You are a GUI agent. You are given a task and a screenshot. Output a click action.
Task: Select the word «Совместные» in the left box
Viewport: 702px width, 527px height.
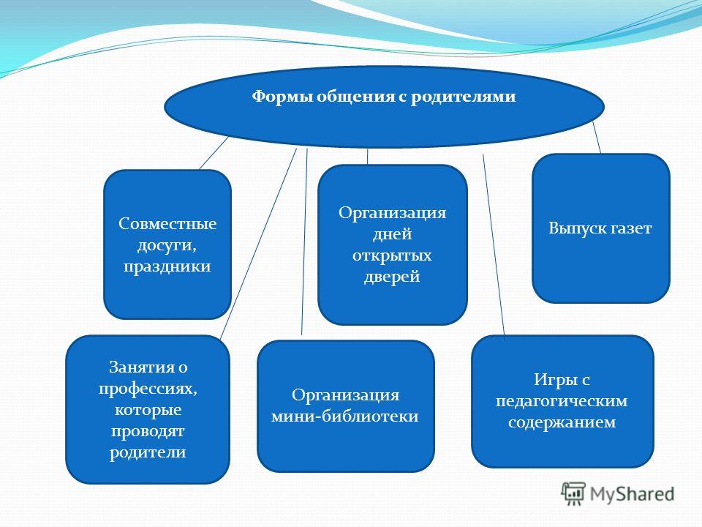pos(167,223)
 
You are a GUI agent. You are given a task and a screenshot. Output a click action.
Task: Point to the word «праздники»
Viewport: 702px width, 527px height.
pos(167,266)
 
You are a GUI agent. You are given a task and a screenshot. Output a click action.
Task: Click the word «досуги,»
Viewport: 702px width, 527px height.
pos(167,245)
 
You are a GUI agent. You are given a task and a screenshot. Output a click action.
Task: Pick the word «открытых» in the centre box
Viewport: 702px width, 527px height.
pos(392,255)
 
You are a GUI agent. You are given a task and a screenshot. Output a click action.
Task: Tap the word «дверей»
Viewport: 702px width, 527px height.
pos(392,277)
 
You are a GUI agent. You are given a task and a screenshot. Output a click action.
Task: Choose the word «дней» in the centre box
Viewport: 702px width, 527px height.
pos(392,234)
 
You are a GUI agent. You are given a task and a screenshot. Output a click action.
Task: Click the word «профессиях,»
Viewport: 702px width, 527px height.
pos(148,389)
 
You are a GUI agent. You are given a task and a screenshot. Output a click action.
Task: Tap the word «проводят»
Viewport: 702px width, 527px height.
pos(148,431)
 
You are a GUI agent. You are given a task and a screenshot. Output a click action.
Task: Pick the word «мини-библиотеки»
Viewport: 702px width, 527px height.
pos(345,416)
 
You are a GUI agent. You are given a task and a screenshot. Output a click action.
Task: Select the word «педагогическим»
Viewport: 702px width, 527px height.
pos(562,401)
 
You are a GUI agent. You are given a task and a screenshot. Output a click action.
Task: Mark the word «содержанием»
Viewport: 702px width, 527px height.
pos(562,422)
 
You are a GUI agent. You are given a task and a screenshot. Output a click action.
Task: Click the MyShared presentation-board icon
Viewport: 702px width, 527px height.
pos(573,494)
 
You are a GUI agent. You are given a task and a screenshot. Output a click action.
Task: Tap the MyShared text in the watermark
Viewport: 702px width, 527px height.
pos(632,494)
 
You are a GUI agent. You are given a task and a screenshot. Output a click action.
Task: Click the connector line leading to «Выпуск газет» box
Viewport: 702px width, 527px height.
pos(597,138)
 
